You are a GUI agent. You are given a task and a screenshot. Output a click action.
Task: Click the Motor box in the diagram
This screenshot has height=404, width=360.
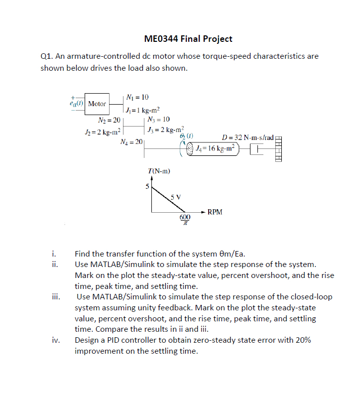[97, 104]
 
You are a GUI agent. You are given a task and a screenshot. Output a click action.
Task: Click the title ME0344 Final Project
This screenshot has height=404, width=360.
[188, 39]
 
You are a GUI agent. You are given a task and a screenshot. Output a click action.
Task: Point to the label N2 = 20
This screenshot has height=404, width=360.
[109, 120]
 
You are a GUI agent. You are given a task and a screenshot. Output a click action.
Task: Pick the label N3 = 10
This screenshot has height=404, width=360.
[159, 120]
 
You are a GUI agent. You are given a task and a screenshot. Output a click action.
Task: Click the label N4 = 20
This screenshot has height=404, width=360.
[131, 142]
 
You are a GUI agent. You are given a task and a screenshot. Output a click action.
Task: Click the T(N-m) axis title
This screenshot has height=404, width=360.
[159, 171]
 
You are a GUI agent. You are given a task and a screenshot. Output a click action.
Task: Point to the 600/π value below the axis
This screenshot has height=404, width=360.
[185, 221]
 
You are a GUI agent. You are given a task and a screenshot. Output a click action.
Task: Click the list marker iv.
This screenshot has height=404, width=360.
[55, 341]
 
